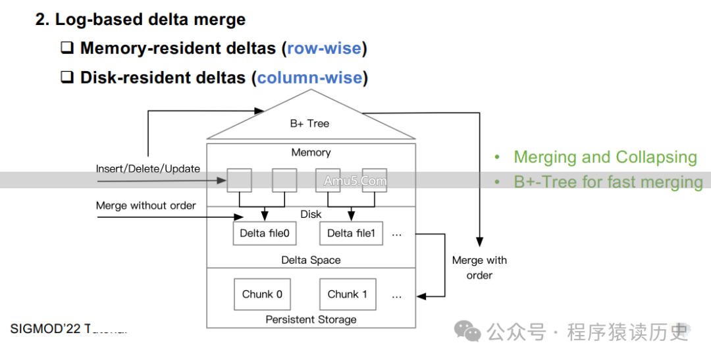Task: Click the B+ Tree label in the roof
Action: (309, 123)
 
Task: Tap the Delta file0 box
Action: (264, 233)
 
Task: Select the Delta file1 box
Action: (350, 233)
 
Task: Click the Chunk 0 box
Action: (262, 294)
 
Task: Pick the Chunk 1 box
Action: (348, 294)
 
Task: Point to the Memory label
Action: (311, 153)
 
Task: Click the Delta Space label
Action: (311, 260)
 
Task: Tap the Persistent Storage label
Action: (311, 319)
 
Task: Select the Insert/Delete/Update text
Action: (147, 168)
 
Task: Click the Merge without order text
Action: (145, 205)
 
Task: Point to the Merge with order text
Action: (479, 267)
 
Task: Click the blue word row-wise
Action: (324, 48)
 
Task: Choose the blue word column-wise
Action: (309, 78)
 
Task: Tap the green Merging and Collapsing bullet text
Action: (605, 157)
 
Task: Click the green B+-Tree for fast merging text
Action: (608, 182)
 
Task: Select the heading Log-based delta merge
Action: (140, 19)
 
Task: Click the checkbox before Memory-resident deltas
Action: (67, 48)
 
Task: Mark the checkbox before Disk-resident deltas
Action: (67, 78)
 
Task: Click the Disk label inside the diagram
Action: (311, 214)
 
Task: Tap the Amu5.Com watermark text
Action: (355, 180)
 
